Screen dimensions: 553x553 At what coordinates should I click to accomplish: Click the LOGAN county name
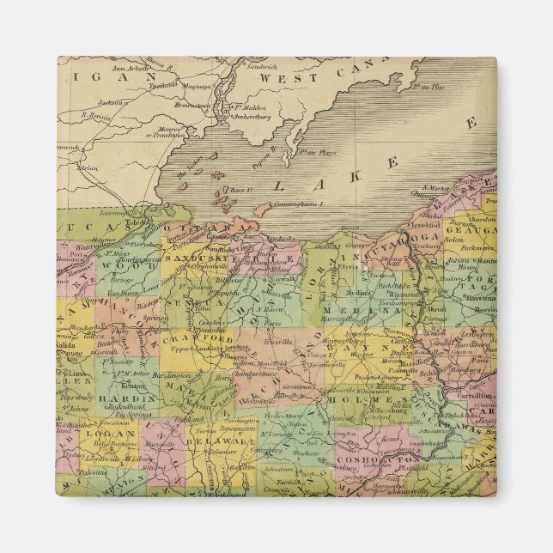coord(103,434)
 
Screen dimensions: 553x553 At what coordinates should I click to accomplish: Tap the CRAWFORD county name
coord(207,340)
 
